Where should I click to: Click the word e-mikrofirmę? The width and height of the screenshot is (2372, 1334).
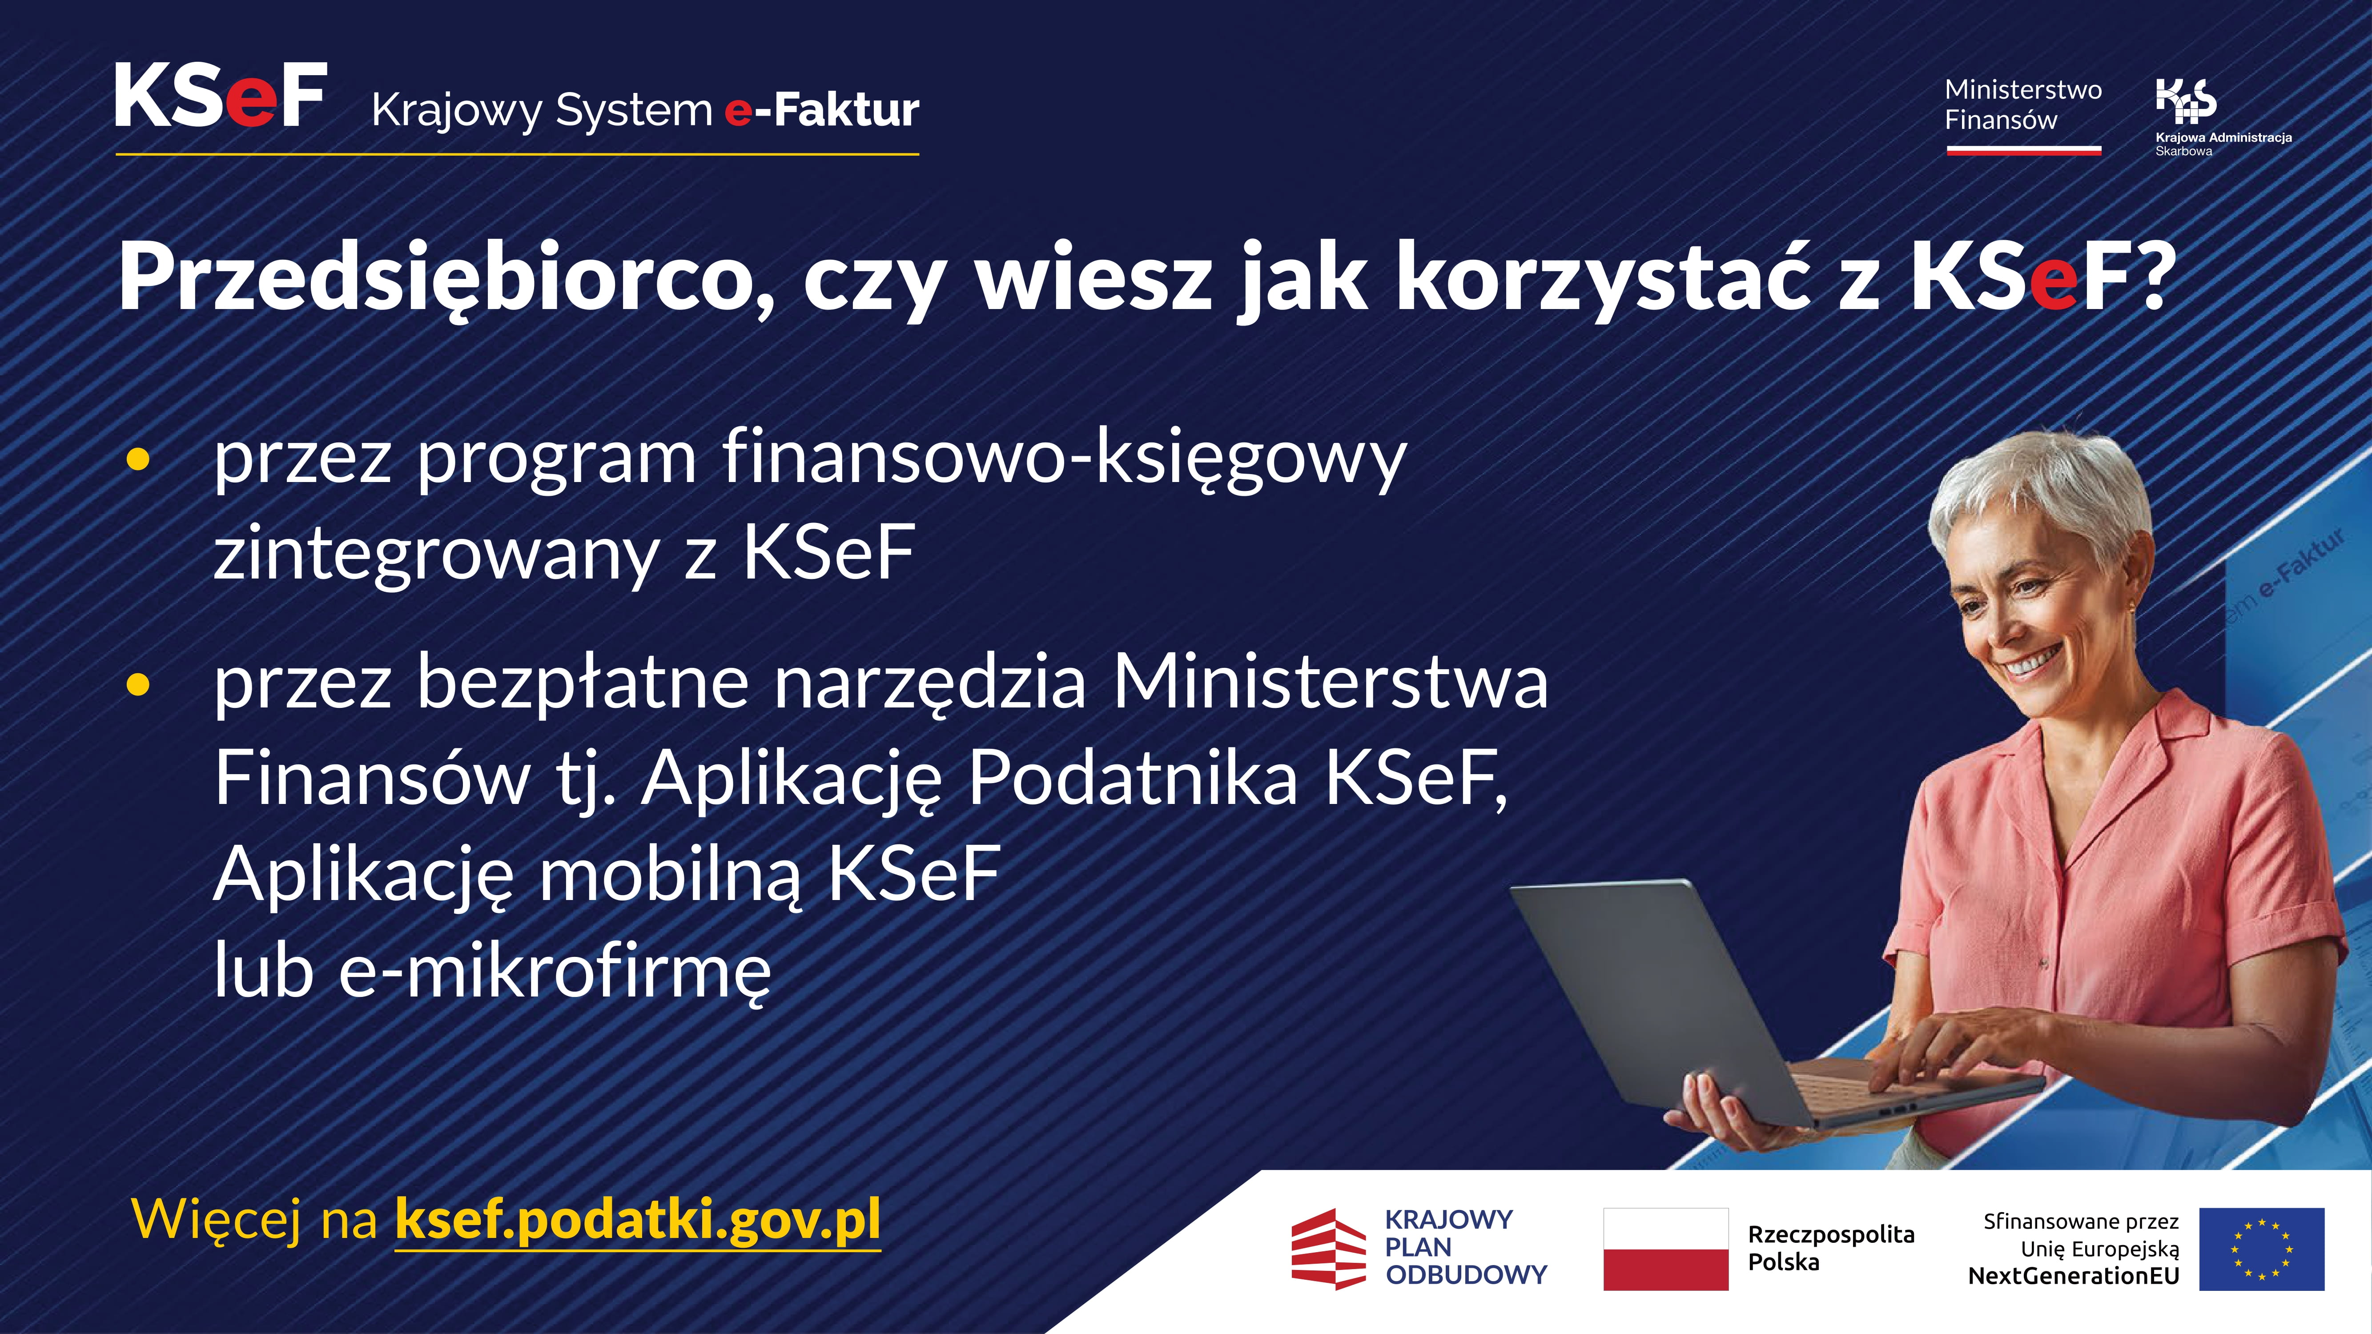[555, 971]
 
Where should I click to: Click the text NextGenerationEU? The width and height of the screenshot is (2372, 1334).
[2074, 1276]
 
